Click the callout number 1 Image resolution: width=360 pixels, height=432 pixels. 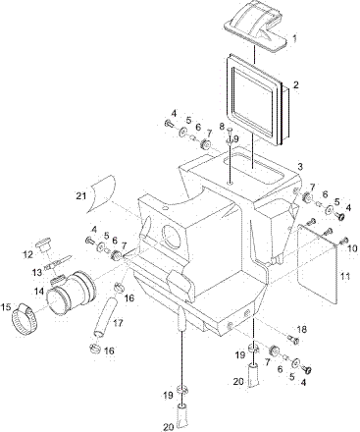(294, 39)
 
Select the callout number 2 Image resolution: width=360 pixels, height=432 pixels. (295, 85)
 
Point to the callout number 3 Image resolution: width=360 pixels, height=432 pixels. (300, 167)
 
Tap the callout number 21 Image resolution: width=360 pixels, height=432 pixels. (81, 195)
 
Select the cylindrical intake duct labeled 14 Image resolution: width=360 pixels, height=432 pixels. (72, 293)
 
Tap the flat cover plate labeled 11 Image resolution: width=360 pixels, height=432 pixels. (318, 264)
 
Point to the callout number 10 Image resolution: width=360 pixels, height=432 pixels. (352, 248)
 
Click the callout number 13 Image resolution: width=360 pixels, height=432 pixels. (38, 272)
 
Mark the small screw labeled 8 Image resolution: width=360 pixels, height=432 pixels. (231, 131)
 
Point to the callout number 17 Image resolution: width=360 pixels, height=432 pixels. (118, 323)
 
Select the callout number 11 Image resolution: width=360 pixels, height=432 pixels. (344, 277)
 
